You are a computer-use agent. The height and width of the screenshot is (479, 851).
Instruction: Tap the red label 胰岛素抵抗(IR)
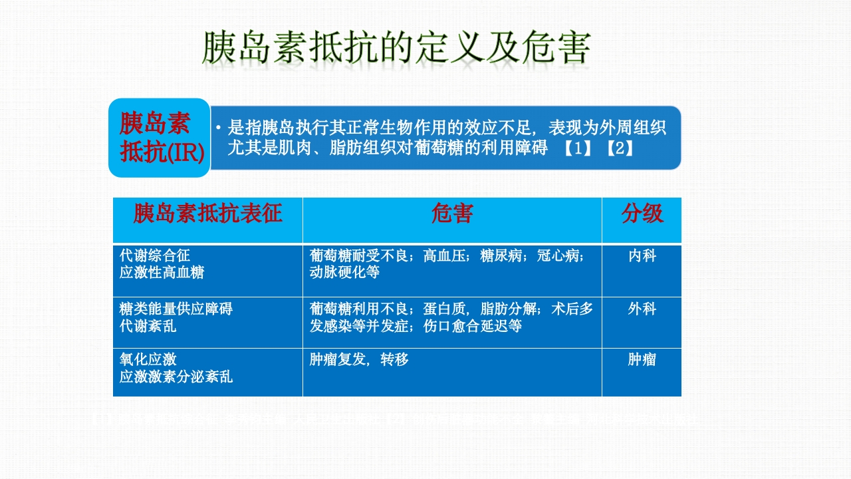(160, 138)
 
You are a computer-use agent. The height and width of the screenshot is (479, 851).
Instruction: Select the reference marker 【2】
(620, 148)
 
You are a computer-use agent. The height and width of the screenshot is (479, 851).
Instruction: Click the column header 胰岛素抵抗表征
(207, 214)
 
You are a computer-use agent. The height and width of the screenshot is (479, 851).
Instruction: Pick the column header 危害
(452, 214)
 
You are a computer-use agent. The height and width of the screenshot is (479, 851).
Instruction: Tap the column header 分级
(642, 214)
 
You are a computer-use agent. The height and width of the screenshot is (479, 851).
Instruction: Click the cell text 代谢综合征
(155, 255)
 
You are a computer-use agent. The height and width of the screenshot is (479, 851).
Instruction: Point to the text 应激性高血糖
(162, 273)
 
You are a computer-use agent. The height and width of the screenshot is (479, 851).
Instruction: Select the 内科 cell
(642, 255)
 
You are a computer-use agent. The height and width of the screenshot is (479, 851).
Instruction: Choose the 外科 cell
(642, 309)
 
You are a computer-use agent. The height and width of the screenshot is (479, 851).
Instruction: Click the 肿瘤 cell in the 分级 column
(642, 360)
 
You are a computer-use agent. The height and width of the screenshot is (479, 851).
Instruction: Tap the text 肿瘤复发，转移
(359, 360)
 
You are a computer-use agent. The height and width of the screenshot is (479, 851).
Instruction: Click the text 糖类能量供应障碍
(176, 309)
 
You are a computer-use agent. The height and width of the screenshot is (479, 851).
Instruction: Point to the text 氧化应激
(148, 360)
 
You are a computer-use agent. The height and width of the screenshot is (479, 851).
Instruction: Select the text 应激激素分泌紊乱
(176, 377)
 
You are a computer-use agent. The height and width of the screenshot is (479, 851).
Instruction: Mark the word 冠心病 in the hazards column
(560, 255)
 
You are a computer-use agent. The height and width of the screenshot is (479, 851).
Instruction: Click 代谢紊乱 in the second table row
(148, 326)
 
